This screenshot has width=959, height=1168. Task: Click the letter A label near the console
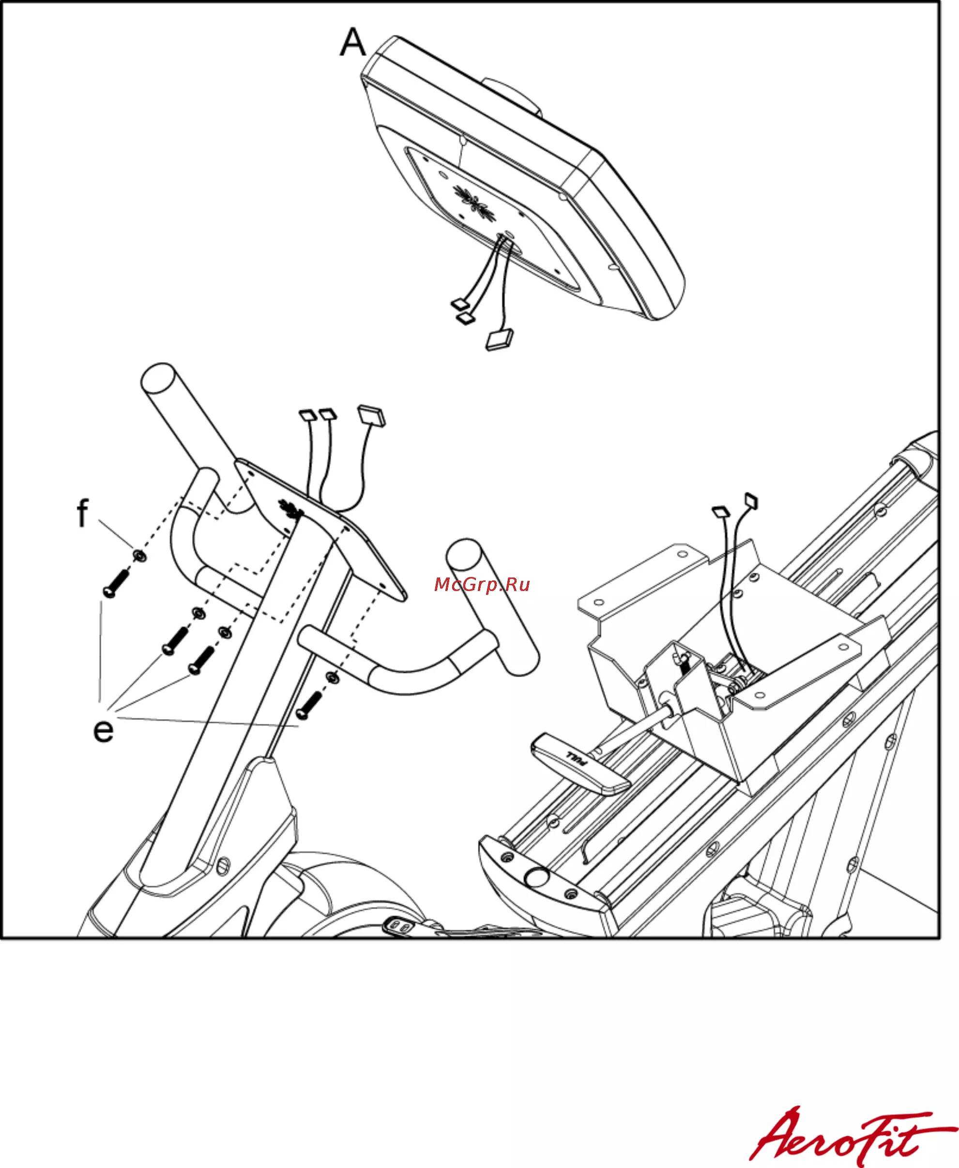tap(352, 43)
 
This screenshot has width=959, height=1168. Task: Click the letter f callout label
tap(82, 513)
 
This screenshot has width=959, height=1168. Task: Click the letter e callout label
tap(103, 731)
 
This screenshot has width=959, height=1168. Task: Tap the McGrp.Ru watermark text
tap(482, 584)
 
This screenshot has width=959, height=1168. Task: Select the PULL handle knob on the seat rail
tap(579, 763)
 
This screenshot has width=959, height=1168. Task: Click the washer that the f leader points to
tap(140, 555)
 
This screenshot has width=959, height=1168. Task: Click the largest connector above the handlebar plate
tap(372, 415)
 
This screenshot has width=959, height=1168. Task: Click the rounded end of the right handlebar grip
tap(464, 554)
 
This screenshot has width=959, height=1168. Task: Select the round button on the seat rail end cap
tap(536, 876)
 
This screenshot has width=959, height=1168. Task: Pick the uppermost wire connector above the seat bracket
tap(751, 501)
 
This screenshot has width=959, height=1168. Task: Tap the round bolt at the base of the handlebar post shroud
tap(224, 865)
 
